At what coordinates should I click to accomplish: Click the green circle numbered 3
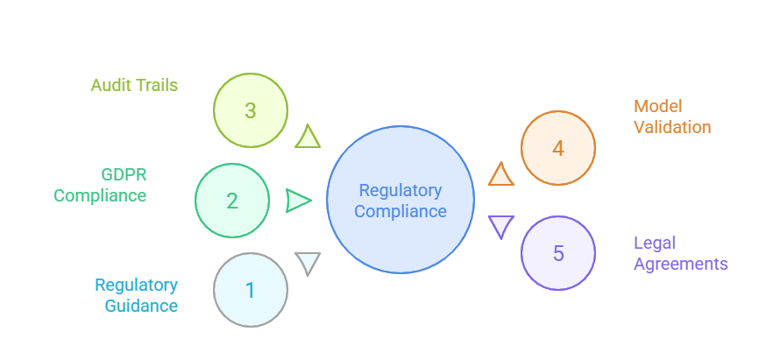tap(251, 110)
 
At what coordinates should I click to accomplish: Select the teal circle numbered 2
tap(232, 201)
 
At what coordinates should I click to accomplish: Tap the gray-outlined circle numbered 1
tap(251, 290)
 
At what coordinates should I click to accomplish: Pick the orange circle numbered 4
tap(558, 147)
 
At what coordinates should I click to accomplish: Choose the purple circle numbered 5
tap(558, 254)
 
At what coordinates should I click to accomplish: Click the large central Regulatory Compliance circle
tap(401, 200)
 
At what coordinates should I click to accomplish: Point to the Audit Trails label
tap(134, 86)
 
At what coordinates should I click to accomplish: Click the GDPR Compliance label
tap(100, 184)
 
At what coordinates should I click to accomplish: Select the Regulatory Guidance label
tap(136, 295)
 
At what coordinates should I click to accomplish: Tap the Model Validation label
tap(672, 116)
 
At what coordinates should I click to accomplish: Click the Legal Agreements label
tap(680, 253)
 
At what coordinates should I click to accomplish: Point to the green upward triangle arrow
tap(308, 138)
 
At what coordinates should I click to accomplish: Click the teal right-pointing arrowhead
tap(298, 201)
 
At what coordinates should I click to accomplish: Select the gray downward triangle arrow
tap(308, 263)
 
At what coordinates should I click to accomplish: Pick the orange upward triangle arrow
tap(500, 175)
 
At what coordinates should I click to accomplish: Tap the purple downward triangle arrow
tap(500, 226)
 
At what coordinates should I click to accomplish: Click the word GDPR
tap(123, 173)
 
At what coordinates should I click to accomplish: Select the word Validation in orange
tap(672, 127)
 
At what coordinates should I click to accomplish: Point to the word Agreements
tap(680, 264)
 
